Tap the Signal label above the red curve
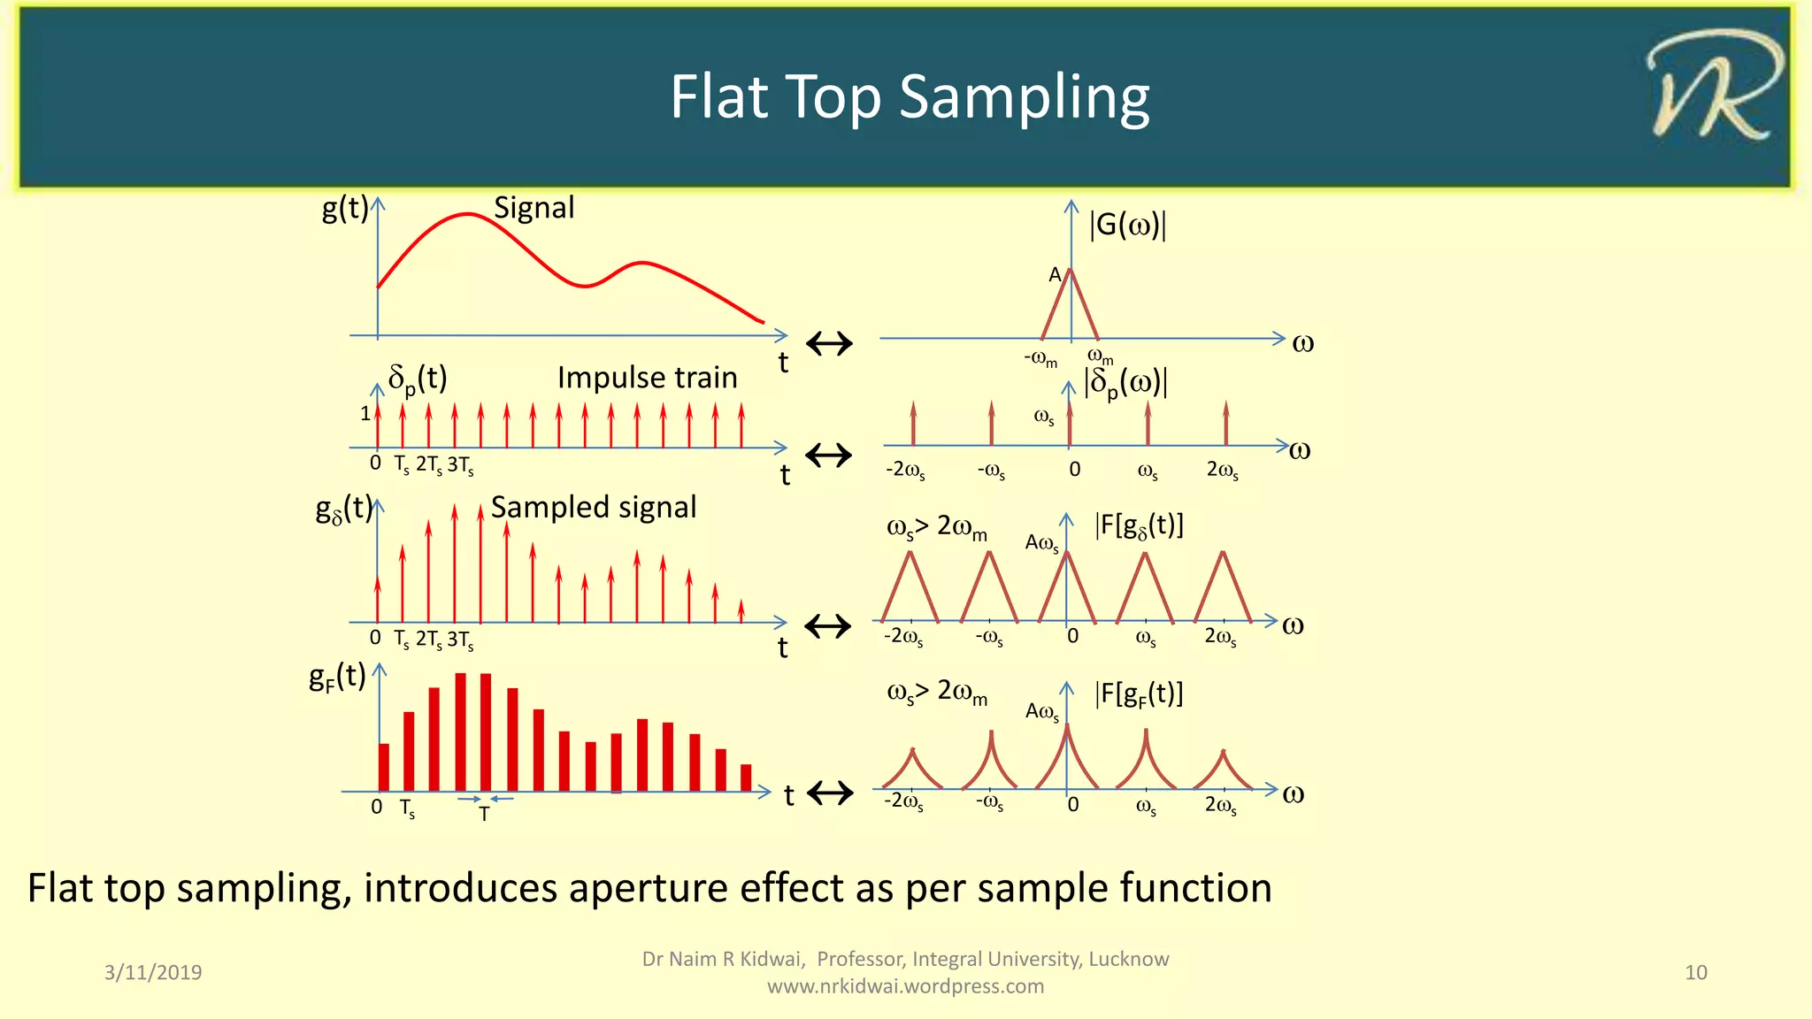point(534,208)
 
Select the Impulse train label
point(647,378)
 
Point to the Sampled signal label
point(593,508)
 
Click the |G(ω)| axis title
point(1127,225)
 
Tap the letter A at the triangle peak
point(1055,275)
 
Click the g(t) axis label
point(344,209)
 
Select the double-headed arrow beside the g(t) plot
point(829,343)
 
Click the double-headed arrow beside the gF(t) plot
point(830,793)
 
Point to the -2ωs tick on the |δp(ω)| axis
point(905,470)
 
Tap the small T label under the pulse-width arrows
point(484,815)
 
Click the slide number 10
point(1695,972)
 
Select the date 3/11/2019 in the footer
point(153,972)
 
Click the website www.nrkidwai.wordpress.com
point(905,986)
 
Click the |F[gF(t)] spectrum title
point(1139,694)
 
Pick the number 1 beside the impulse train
point(365,413)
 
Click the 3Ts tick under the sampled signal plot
point(460,640)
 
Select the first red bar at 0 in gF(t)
point(383,767)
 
